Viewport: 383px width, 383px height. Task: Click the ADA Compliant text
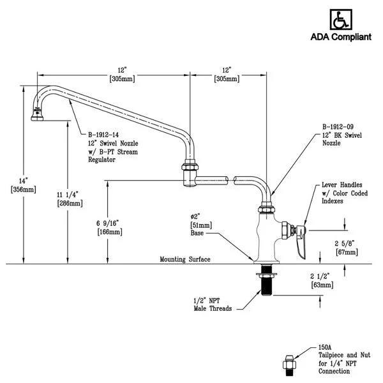(x=340, y=37)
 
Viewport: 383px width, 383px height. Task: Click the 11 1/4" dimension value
(x=69, y=194)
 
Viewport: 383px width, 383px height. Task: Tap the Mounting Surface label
(x=186, y=260)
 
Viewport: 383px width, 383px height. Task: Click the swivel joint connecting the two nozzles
(x=190, y=173)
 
